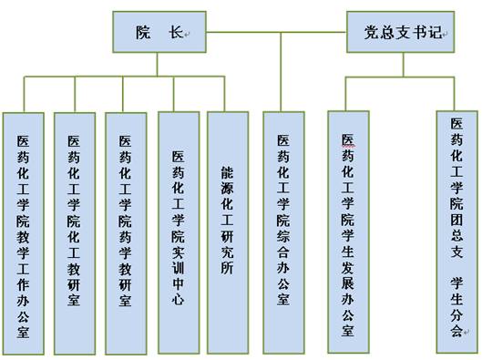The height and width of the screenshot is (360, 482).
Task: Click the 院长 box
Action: [x=158, y=33]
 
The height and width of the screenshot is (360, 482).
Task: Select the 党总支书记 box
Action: [x=401, y=33]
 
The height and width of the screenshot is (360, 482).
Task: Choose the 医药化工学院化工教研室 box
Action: [x=75, y=231]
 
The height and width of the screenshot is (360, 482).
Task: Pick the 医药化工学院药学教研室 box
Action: [x=126, y=231]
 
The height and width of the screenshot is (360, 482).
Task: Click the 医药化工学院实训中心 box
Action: [x=178, y=231]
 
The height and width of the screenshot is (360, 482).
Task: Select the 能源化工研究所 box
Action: [x=228, y=231]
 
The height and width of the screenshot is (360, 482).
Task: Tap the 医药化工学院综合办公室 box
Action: [x=283, y=231]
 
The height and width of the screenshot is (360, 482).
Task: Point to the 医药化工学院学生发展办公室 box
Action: [x=348, y=231]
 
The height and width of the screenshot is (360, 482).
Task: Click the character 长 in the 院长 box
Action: [x=174, y=33]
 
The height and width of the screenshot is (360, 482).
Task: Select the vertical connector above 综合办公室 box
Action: [x=283, y=95]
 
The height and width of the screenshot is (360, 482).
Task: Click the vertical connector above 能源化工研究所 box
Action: [x=228, y=95]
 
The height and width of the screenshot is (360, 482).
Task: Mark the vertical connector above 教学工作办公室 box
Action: [x=25, y=95]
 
